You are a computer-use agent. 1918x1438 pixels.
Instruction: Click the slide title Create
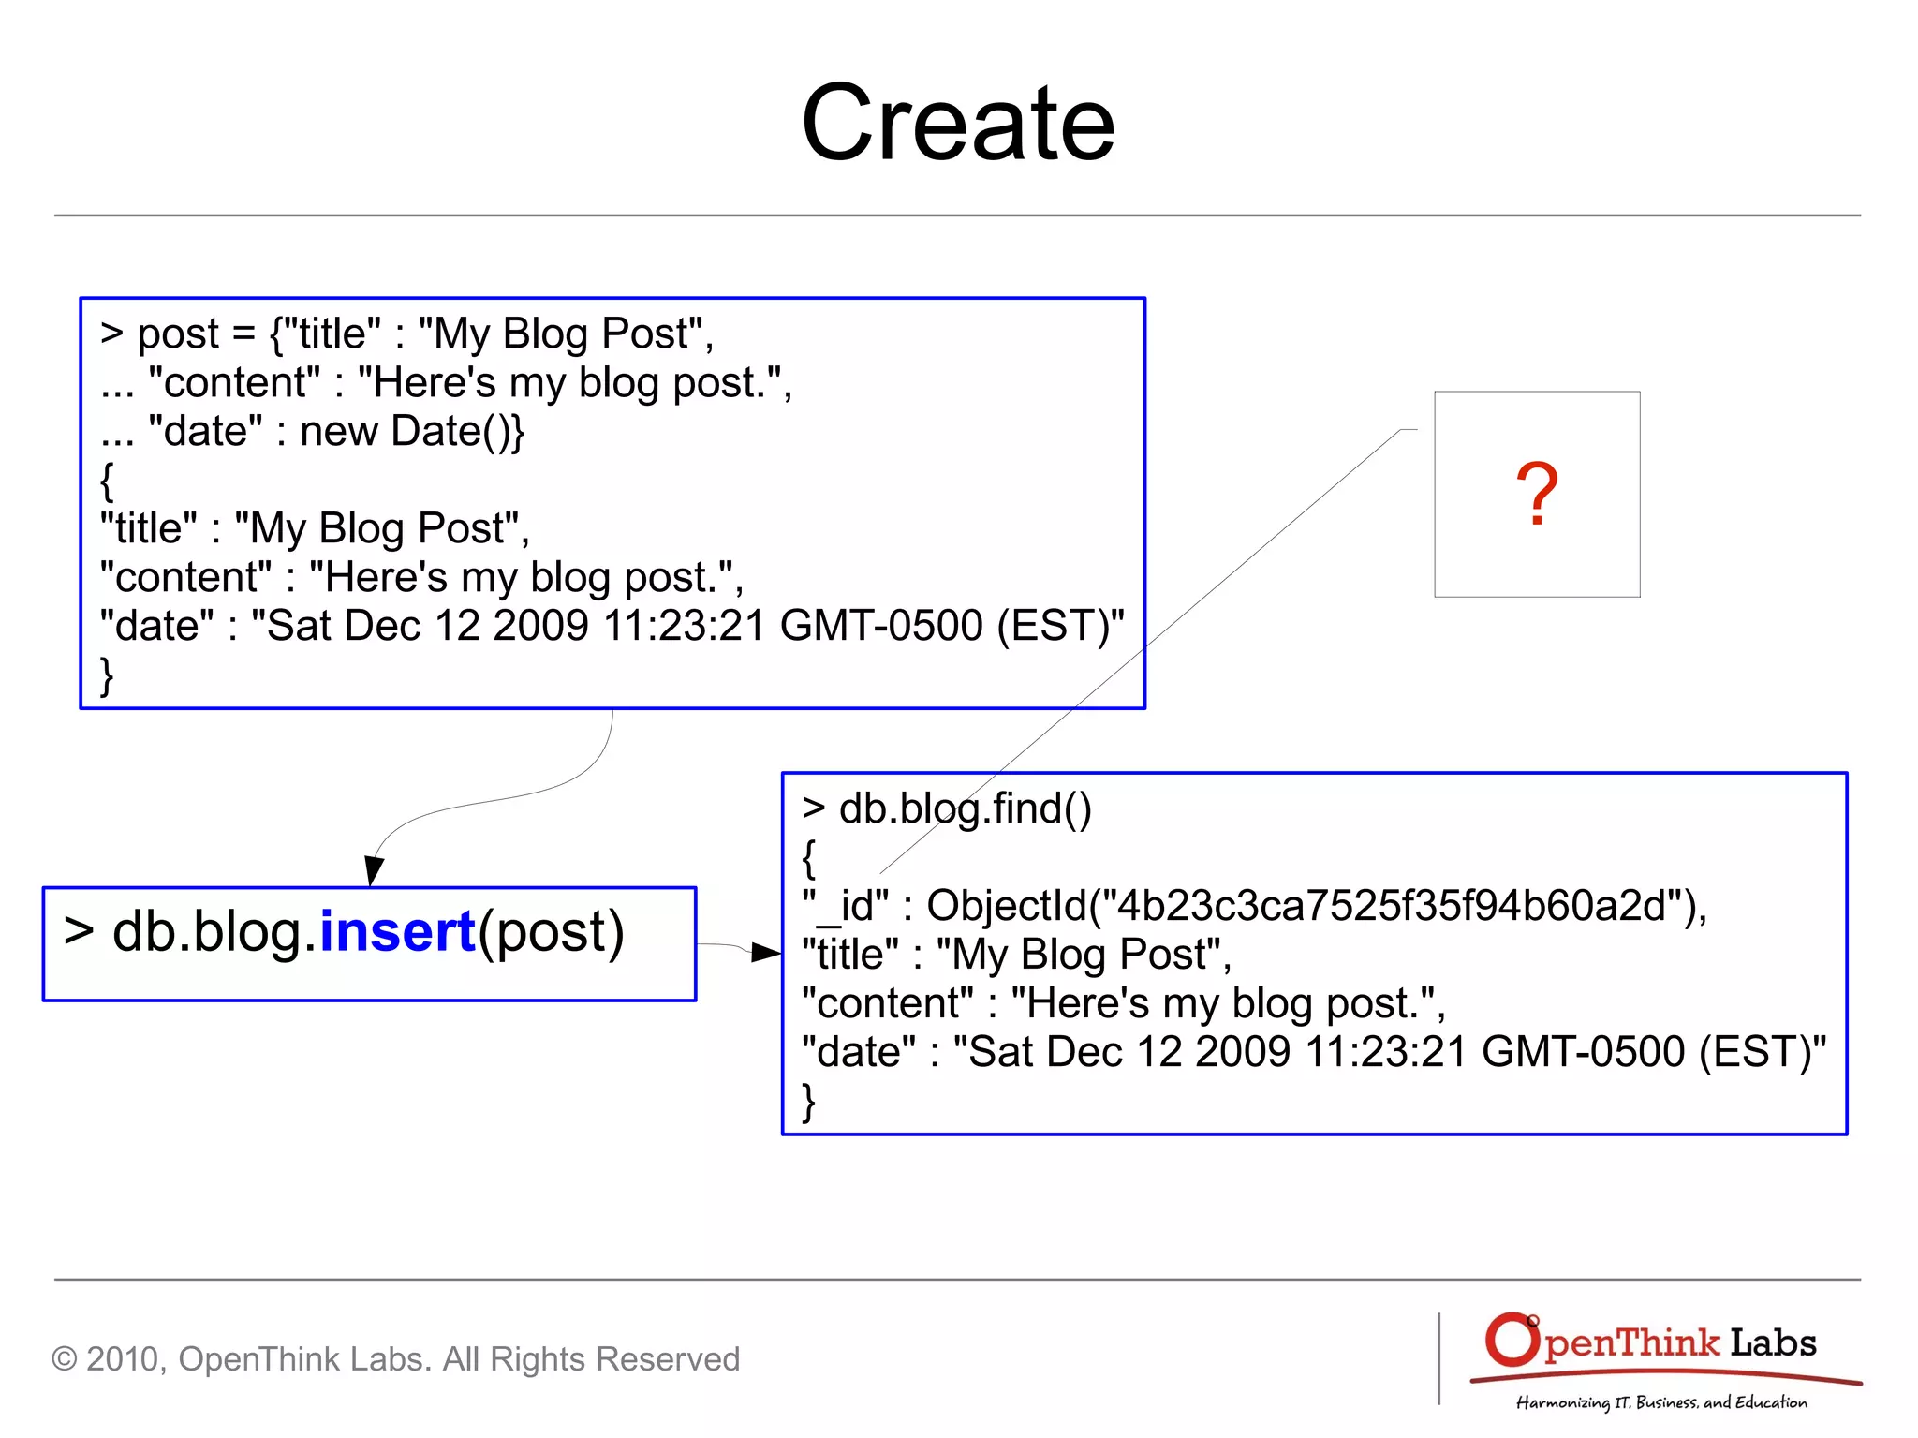point(958,123)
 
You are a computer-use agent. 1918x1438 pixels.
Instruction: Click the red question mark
point(1537,494)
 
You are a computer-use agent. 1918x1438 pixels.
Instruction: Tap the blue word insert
point(397,931)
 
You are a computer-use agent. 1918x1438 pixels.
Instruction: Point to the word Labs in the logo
point(1773,1342)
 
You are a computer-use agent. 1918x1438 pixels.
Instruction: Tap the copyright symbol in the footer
point(64,1359)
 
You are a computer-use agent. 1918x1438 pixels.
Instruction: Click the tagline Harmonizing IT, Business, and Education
point(1661,1402)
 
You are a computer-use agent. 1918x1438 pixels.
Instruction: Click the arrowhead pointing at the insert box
point(374,871)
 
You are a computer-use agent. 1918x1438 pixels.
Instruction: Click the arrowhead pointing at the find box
point(766,953)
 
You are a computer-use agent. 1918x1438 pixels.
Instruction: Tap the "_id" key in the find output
point(845,906)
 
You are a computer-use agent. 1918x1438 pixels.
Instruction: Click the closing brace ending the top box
point(107,675)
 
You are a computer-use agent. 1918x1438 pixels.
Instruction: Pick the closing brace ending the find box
point(809,1102)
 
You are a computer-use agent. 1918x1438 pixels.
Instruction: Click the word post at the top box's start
point(178,334)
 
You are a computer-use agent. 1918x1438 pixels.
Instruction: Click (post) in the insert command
point(551,932)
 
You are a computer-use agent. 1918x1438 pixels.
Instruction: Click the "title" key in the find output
point(849,955)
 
